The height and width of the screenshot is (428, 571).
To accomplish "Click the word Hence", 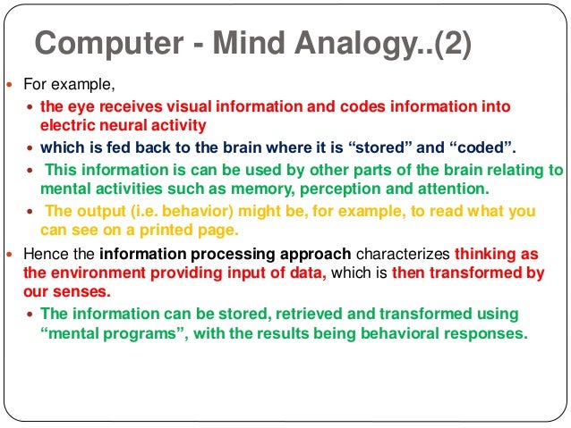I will coord(43,253).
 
